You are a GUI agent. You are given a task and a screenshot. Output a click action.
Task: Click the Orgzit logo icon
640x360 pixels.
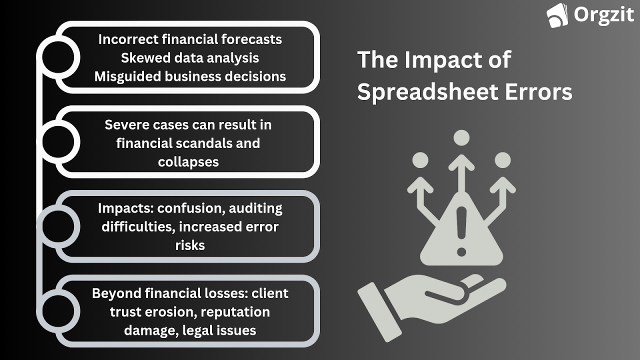pos(557,15)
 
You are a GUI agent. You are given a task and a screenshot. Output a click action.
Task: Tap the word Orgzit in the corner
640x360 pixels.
pos(604,14)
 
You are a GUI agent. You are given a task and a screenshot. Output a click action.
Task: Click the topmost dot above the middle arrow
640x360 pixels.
pos(461,138)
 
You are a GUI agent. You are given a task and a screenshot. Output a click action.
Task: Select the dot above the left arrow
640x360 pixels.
pos(420,160)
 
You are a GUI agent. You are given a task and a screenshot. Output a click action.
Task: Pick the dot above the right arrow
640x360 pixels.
pos(502,160)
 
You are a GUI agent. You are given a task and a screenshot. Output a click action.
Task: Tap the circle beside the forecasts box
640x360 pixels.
pos(58,57)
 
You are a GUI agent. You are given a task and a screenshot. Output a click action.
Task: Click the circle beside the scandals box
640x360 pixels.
pos(58,142)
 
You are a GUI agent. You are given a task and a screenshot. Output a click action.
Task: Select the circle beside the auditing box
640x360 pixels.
pos(58,226)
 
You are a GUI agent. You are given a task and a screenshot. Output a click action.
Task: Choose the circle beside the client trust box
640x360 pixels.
pos(58,310)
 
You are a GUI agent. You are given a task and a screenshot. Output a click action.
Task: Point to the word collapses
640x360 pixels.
pos(188,161)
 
